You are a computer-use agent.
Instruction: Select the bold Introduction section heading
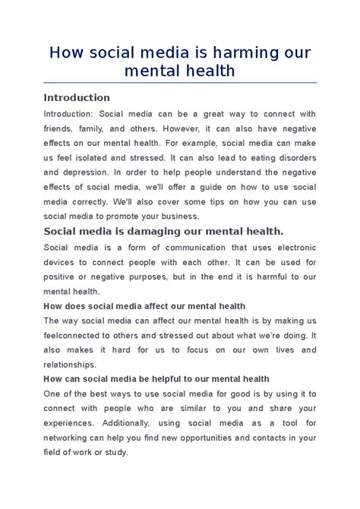click(x=77, y=98)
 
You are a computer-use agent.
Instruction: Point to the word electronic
click(x=291, y=247)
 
